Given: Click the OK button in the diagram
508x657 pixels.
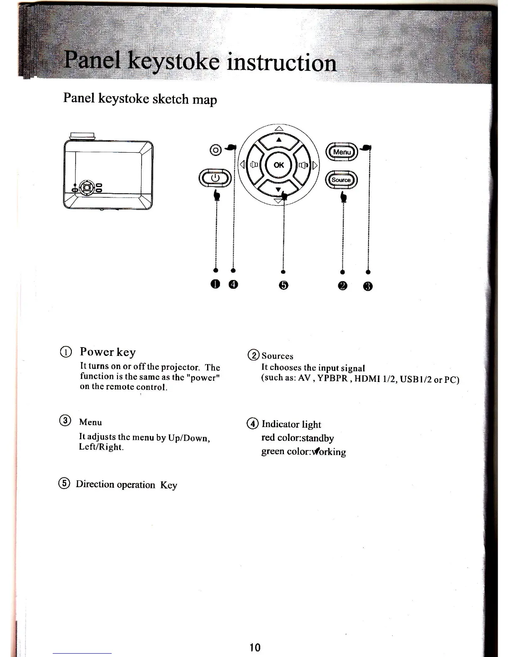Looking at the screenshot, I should click(x=278, y=165).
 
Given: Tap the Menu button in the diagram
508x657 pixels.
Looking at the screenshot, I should click(x=342, y=152).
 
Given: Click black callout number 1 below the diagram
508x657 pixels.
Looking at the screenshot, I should click(x=215, y=285).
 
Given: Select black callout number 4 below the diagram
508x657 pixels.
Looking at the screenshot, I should click(x=233, y=285).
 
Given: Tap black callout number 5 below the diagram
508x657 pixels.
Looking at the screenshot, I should click(x=283, y=286).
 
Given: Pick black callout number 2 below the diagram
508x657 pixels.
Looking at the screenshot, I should click(x=342, y=286).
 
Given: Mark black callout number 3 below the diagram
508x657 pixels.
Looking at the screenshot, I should click(x=368, y=286).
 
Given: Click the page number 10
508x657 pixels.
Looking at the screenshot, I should click(x=255, y=647).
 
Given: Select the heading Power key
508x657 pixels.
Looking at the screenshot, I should click(x=107, y=352).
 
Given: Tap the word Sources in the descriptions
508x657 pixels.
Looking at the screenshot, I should click(x=277, y=356).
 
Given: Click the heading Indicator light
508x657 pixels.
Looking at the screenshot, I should click(x=291, y=424).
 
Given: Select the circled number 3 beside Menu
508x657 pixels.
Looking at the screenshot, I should click(x=65, y=421).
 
